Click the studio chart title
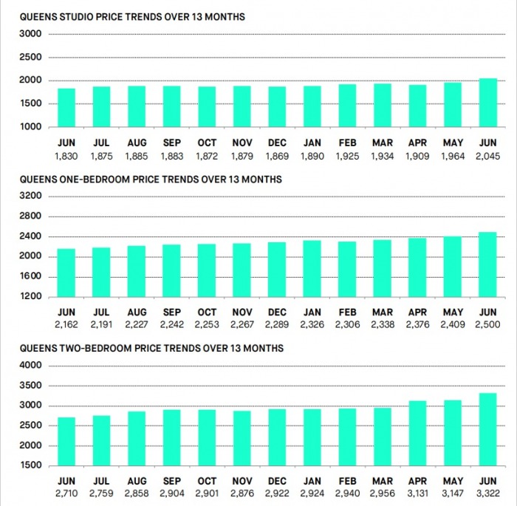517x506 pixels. tap(132, 17)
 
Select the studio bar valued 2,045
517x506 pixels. tap(488, 103)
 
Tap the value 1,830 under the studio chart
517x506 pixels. tap(66, 156)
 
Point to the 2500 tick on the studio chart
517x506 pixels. tap(30, 57)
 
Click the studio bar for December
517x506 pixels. tap(277, 107)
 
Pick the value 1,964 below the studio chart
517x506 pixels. tap(453, 156)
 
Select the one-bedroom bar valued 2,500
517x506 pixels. tap(487, 264)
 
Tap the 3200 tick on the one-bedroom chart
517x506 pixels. tap(30, 196)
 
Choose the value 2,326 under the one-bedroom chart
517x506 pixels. tap(312, 325)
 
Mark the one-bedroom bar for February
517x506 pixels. tap(347, 270)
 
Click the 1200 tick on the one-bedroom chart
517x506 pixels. tap(30, 296)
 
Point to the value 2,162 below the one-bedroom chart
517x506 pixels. tap(66, 325)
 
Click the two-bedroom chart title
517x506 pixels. tap(151, 349)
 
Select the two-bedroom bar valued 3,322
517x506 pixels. tap(488, 429)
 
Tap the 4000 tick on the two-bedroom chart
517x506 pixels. tap(30, 365)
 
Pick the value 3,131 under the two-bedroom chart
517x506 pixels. tap(417, 493)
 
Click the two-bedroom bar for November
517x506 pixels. tap(242, 438)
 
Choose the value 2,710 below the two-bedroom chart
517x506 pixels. tap(66, 493)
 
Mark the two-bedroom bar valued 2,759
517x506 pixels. tap(102, 441)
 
